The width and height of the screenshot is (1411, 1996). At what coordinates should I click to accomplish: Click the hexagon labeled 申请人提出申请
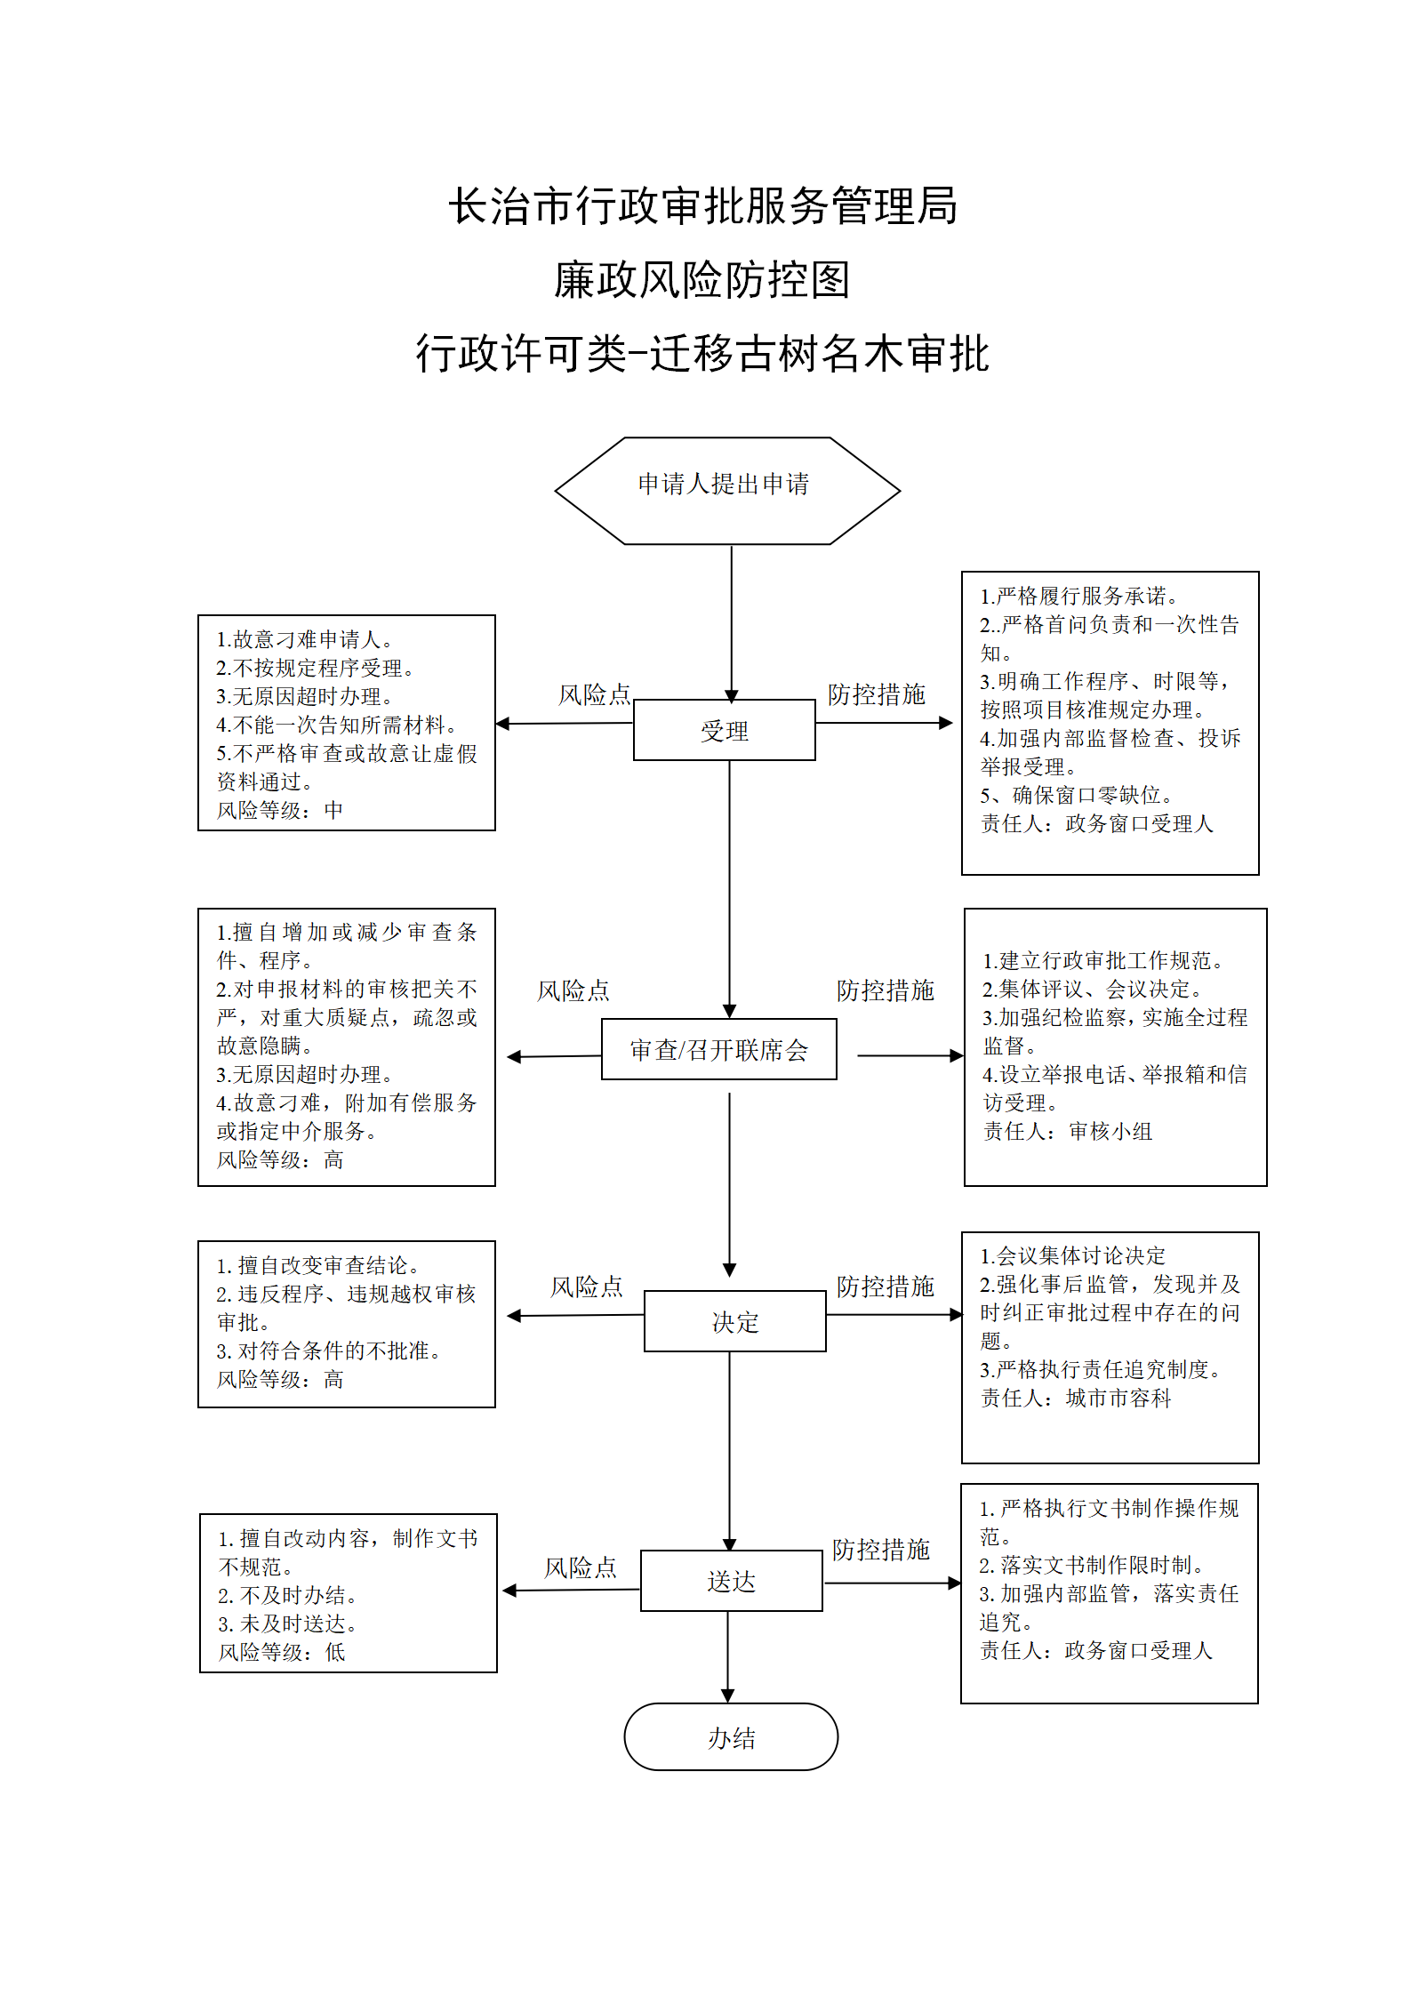(x=727, y=490)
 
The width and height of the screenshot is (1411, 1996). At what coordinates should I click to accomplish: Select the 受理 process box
(x=724, y=730)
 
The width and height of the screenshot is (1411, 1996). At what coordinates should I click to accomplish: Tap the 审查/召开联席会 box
(x=718, y=1049)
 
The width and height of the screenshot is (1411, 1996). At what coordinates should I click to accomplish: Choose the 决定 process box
(x=734, y=1321)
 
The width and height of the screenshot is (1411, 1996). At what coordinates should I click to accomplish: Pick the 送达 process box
(x=731, y=1581)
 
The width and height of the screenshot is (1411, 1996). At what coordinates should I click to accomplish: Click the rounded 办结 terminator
(x=731, y=1737)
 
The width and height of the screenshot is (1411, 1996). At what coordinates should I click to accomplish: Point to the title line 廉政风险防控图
(x=702, y=280)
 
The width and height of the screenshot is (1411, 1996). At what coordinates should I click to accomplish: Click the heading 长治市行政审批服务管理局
(x=702, y=206)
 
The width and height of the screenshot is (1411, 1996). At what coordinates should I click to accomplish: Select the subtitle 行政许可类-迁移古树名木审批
(x=702, y=354)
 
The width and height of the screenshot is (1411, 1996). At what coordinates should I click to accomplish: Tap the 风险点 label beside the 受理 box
(x=594, y=694)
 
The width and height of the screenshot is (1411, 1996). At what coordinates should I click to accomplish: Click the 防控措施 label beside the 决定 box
(x=885, y=1287)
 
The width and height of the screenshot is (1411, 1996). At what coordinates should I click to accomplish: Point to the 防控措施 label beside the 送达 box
(x=880, y=1550)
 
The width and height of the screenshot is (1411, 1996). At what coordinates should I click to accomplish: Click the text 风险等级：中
(x=279, y=810)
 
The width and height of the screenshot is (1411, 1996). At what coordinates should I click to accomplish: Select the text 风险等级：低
(x=281, y=1652)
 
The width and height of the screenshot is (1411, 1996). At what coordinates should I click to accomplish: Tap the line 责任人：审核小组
(x=1067, y=1131)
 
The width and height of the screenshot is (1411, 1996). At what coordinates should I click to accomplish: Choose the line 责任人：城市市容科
(x=1076, y=1398)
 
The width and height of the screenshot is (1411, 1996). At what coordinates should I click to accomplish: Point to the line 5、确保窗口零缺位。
(x=1078, y=795)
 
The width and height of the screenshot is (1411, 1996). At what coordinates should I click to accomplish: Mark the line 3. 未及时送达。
(x=289, y=1623)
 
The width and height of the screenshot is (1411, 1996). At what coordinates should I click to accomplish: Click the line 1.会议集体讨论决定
(x=1072, y=1255)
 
